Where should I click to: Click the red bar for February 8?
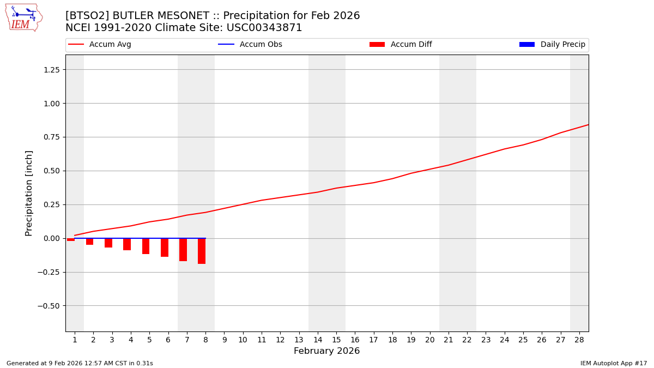tap(202, 251)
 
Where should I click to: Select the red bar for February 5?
tap(146, 246)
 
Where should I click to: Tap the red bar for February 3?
tap(108, 243)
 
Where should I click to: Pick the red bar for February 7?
tap(183, 250)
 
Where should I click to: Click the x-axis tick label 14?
tap(318, 340)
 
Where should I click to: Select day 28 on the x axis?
tap(579, 340)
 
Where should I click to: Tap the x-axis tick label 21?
tap(449, 340)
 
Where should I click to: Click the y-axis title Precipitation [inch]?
tap(29, 193)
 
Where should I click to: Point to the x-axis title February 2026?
tap(326, 351)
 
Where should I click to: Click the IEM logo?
tap(23, 17)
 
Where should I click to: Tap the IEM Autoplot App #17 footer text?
tap(613, 363)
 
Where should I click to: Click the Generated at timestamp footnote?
tap(80, 363)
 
